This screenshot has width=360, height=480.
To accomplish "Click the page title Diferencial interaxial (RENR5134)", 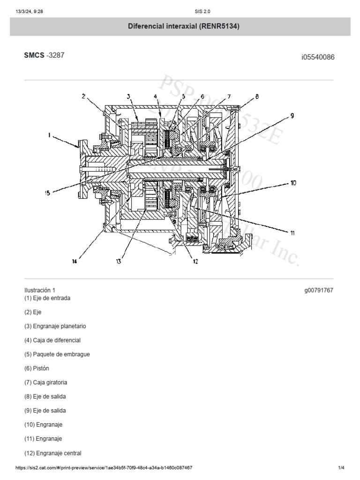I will coord(184,27).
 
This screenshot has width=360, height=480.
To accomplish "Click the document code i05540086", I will coord(317,57).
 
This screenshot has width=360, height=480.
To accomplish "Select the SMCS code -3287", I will coord(55,55).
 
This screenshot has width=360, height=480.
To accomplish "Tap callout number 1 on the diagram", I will coord(49,135).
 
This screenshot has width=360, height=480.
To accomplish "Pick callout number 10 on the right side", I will coord(293,183).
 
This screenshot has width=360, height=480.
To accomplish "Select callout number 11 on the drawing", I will coord(292,232).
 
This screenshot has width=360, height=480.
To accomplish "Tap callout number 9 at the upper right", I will coord(292,115).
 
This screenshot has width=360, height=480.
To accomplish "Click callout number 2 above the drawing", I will coord(83,97).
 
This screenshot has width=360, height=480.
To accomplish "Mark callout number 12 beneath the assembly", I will coord(195,262).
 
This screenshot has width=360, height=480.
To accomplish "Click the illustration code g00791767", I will coord(319,290).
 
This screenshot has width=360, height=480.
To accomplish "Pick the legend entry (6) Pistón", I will coord(43,368).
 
